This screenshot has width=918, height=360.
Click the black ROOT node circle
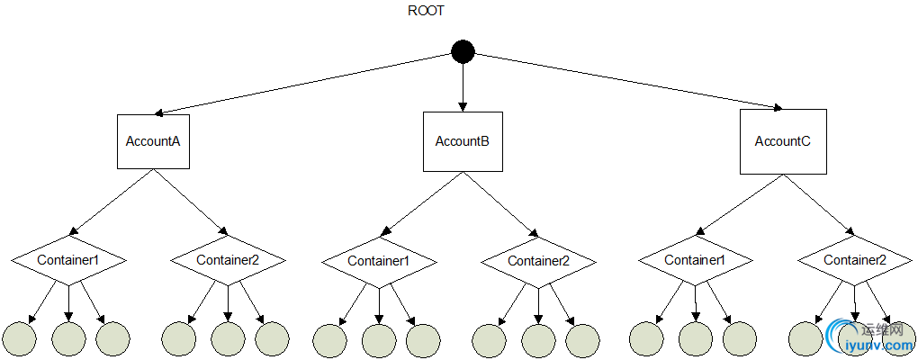[463, 53]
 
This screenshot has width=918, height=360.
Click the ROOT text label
[427, 12]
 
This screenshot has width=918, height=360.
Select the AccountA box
[153, 141]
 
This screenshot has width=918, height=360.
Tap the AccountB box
[463, 141]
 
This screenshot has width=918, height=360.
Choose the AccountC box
[782, 141]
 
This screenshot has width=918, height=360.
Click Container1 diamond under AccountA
[68, 260]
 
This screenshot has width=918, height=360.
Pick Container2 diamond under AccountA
[228, 260]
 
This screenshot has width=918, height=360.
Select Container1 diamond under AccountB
[379, 261]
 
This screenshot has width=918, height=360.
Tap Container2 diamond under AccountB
[538, 261]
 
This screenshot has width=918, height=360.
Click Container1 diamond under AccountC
[696, 260]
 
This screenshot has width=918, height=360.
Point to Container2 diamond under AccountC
[855, 260]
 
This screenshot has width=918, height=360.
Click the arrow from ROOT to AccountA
[306, 84]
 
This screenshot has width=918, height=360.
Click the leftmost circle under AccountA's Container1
[20, 337]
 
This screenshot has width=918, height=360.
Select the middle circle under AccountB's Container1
[379, 339]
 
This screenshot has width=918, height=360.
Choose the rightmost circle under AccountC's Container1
[740, 338]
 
